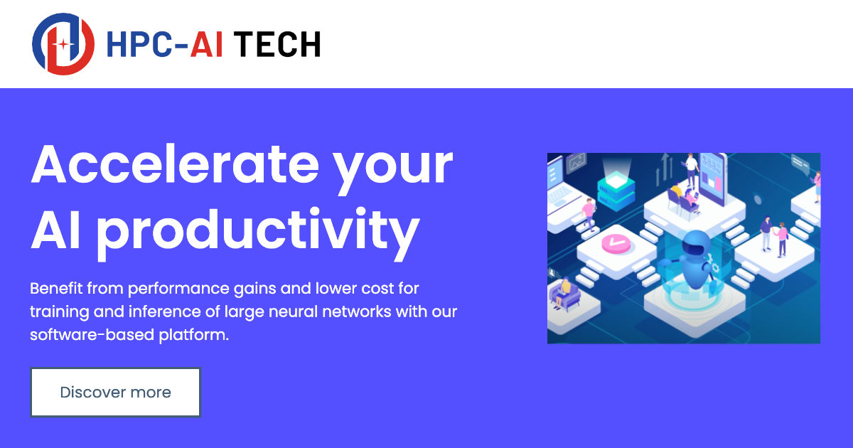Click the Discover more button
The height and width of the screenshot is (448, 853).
click(x=115, y=392)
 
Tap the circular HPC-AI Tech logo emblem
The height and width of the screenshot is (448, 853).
click(x=63, y=44)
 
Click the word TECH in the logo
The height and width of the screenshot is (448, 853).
click(x=277, y=45)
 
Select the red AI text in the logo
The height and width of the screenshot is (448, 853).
click(x=206, y=45)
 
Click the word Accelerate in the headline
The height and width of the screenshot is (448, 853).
click(x=175, y=164)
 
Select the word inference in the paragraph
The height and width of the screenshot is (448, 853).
click(x=174, y=311)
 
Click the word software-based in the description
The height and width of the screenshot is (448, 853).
click(x=92, y=334)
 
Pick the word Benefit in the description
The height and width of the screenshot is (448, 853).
click(x=56, y=288)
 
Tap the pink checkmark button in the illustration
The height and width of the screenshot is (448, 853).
click(x=616, y=242)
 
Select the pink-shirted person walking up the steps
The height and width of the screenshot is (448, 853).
click(x=589, y=214)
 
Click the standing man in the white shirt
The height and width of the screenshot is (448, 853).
click(x=691, y=169)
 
